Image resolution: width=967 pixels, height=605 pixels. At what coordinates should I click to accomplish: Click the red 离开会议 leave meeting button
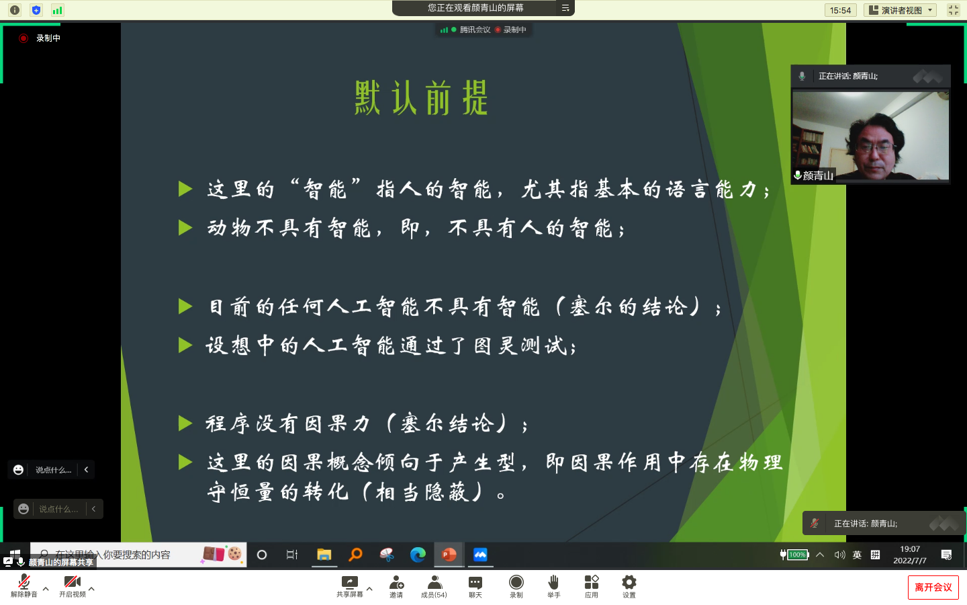[x=933, y=588]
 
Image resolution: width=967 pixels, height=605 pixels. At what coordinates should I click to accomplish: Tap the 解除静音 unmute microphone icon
[x=24, y=582]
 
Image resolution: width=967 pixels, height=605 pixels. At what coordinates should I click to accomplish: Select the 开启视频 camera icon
[x=72, y=582]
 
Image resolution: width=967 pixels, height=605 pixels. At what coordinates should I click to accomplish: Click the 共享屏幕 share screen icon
[x=350, y=582]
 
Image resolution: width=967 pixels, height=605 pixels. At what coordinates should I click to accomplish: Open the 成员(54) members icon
[x=434, y=582]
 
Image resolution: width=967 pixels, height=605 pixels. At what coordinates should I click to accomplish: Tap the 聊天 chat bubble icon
[x=475, y=583]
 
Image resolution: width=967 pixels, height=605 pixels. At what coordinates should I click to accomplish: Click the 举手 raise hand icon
[x=553, y=582]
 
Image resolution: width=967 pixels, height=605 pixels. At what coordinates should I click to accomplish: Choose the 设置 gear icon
[x=629, y=582]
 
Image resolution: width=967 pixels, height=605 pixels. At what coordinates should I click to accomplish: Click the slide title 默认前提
[x=421, y=97]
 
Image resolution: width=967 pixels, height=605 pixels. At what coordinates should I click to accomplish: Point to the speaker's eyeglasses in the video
[x=876, y=148]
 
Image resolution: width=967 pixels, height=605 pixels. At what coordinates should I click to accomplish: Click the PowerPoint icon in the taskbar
[x=449, y=555]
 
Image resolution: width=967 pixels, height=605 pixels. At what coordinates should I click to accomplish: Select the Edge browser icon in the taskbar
[x=418, y=555]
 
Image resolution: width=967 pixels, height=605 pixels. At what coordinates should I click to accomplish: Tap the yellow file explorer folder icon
[x=324, y=555]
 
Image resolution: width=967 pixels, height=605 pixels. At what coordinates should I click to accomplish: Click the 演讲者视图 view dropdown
[x=900, y=10]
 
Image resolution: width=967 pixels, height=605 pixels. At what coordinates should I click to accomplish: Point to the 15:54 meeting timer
[x=840, y=10]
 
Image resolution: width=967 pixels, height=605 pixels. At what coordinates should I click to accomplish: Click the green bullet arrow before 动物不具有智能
[x=185, y=228]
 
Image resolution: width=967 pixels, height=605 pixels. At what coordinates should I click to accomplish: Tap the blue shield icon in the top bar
[x=36, y=10]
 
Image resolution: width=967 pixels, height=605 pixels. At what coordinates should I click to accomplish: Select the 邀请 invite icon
[x=396, y=582]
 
